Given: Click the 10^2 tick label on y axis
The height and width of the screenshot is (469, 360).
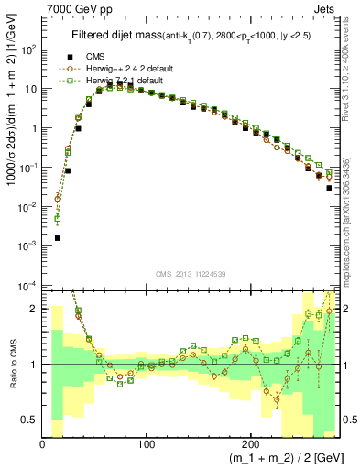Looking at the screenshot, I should click(29, 50).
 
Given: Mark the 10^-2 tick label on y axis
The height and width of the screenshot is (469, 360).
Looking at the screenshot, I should click(29, 207).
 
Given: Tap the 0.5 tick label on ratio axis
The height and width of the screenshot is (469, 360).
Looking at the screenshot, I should click(30, 420).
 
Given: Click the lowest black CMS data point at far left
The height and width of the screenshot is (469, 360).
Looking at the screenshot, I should click(57, 237).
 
